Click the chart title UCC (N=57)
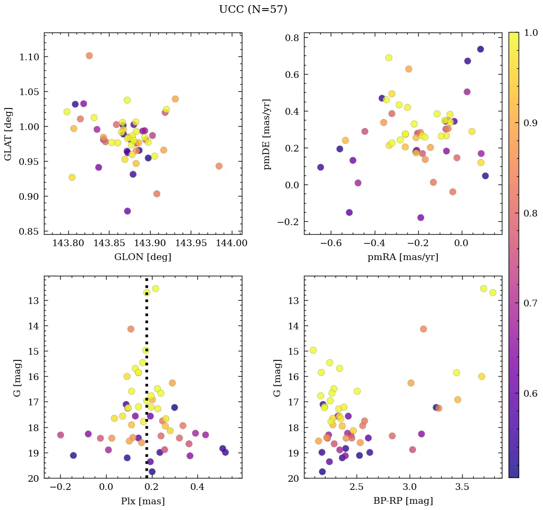coord(253,10)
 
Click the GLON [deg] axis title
coord(142,257)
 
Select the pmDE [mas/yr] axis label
coord(267,134)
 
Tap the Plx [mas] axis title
coord(142,501)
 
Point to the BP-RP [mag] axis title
coord(403,501)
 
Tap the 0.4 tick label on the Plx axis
coord(198,488)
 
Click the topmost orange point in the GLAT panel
coord(89,56)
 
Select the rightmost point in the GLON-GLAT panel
coord(219,166)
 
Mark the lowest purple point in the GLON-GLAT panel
coord(127,211)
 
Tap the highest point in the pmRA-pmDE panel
coord(480,49)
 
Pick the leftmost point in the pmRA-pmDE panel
coord(320,167)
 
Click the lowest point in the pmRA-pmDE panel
coord(421,218)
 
